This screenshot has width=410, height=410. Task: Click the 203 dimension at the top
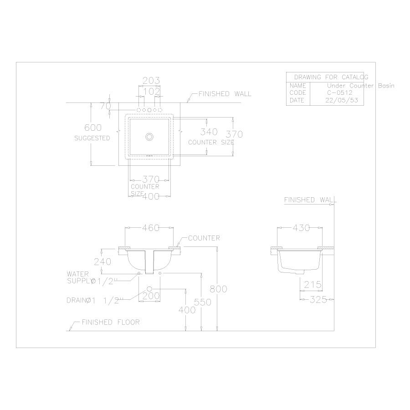pos(151,81)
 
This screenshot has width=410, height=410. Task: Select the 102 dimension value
pos(151,92)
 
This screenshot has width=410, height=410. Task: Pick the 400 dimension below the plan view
pos(151,196)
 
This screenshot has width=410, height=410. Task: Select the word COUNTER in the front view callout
pos(204,238)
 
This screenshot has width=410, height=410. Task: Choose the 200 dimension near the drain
pos(151,296)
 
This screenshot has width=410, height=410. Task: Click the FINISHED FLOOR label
pos(111,322)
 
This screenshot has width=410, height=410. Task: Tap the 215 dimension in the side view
pos(313,285)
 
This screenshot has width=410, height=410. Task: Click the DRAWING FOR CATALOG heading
pos(331,77)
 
